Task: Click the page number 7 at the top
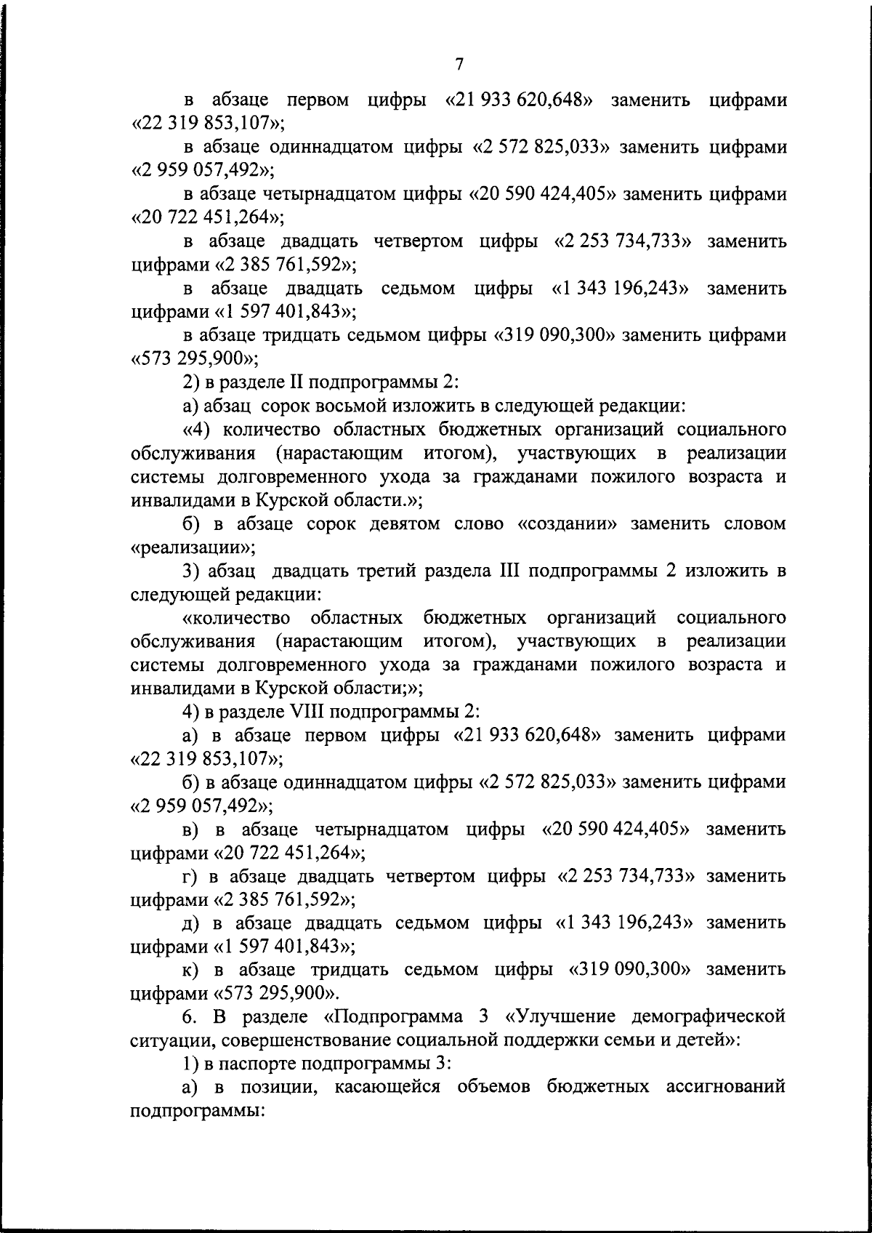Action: coord(459,64)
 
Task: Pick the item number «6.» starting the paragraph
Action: coord(190,1016)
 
